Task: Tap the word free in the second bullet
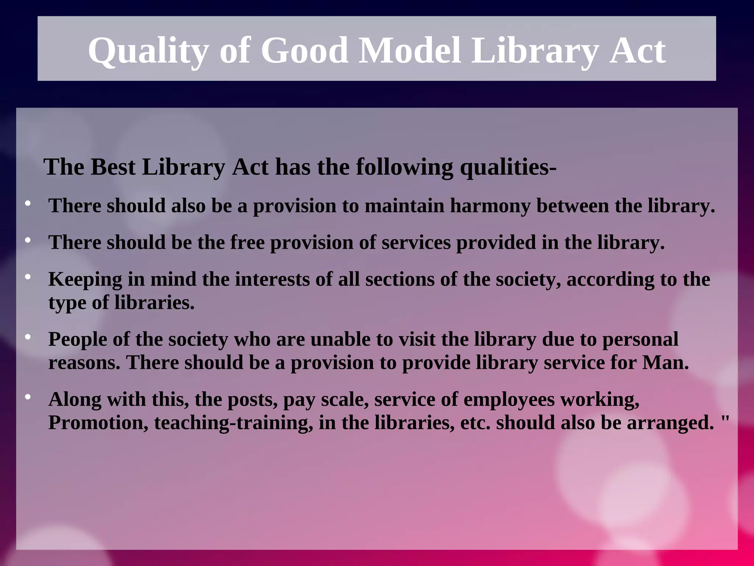247,242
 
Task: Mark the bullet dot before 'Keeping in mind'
28,277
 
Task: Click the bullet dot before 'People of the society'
28,337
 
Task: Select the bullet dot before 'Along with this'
28,397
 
